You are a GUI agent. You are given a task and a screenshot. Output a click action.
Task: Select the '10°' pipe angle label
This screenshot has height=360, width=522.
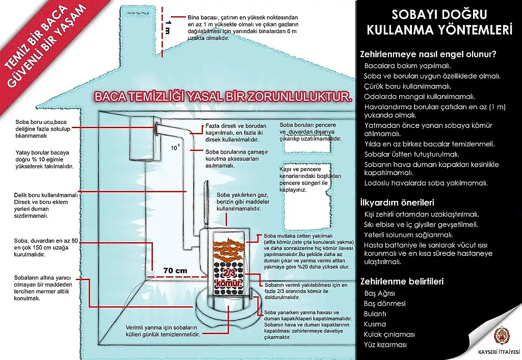tap(175, 148)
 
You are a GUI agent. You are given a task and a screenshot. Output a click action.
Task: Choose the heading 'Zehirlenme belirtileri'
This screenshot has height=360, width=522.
tap(402, 281)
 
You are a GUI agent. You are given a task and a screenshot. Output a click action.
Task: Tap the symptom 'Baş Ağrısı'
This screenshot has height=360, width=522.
tap(379, 293)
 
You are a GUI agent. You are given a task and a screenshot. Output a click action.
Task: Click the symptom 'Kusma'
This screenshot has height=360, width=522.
tap(375, 324)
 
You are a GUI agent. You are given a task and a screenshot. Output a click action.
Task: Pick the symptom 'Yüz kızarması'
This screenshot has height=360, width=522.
tap(385, 345)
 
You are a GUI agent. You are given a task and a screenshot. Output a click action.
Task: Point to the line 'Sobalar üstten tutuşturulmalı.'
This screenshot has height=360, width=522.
tap(412, 154)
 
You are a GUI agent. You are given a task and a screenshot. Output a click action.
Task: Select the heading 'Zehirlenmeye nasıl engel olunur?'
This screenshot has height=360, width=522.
tap(428, 53)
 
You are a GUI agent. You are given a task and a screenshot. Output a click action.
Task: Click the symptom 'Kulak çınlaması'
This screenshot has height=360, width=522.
tap(389, 335)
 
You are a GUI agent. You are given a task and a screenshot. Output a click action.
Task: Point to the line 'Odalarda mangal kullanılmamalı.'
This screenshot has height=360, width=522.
tap(420, 96)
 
